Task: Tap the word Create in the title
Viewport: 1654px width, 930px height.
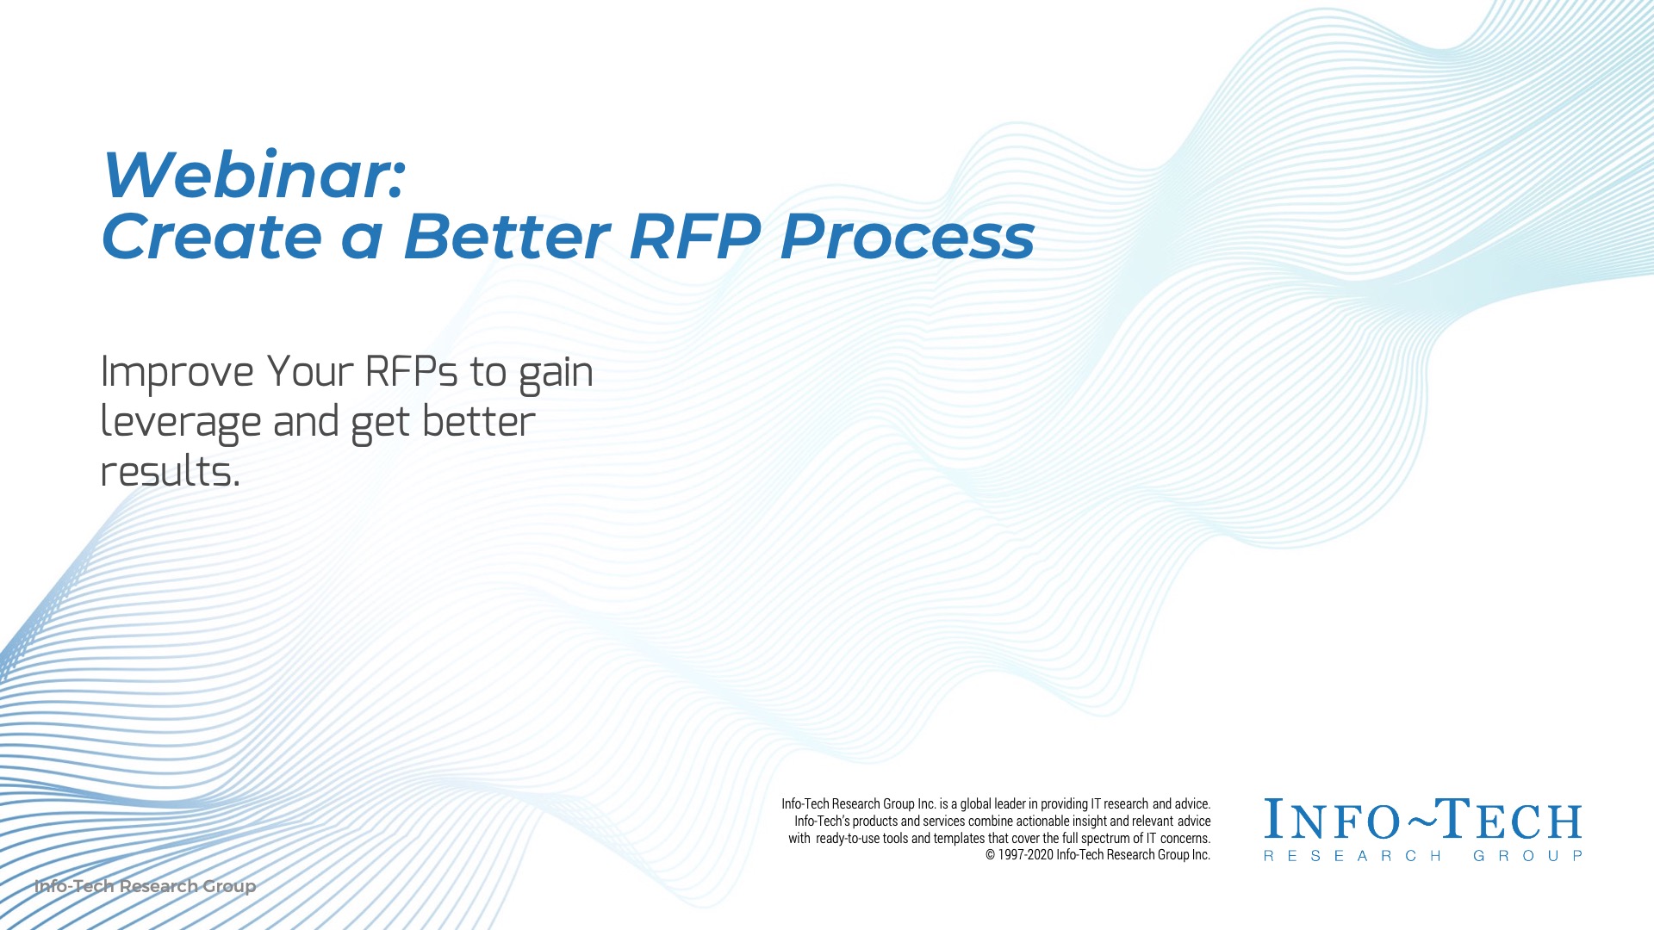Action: [212, 237]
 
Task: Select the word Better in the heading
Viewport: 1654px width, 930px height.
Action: [507, 237]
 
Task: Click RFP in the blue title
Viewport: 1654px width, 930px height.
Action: [696, 237]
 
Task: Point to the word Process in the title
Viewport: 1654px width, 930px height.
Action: [907, 237]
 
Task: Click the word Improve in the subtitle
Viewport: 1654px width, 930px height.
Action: [177, 374]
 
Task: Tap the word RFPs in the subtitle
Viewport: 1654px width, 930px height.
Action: [412, 372]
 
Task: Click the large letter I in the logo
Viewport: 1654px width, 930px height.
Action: [1272, 818]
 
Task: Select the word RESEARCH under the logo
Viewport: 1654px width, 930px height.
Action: [1352, 856]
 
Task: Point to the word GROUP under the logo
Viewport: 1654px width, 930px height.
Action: [1528, 856]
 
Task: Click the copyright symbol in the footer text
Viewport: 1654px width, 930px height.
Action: [991, 855]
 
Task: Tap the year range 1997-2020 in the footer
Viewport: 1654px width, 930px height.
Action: [1026, 855]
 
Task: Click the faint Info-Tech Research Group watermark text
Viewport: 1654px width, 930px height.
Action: [145, 886]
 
